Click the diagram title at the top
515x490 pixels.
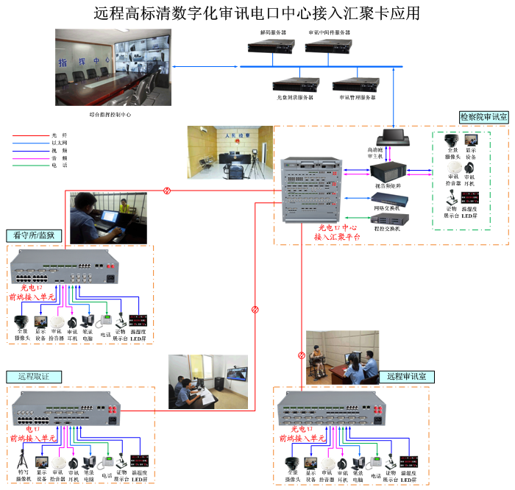(x=257, y=13)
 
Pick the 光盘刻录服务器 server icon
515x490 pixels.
(x=295, y=84)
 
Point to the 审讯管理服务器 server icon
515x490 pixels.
(x=358, y=84)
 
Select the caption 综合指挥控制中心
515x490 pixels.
(x=105, y=115)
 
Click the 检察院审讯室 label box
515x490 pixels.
(x=483, y=117)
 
